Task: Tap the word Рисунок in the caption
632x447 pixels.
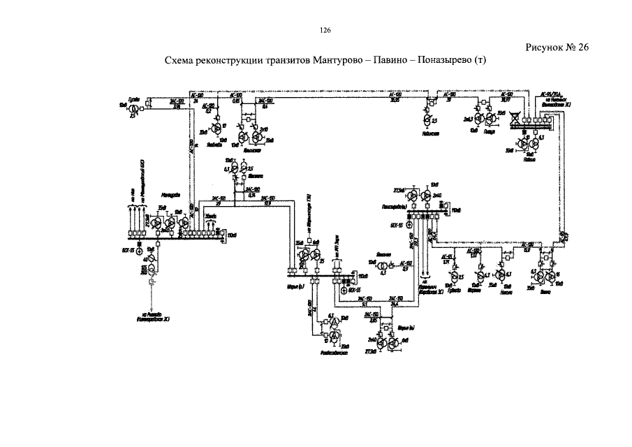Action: pos(544,47)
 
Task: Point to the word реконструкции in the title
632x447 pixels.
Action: pos(230,61)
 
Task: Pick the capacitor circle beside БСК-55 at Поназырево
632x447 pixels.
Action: pos(409,225)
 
